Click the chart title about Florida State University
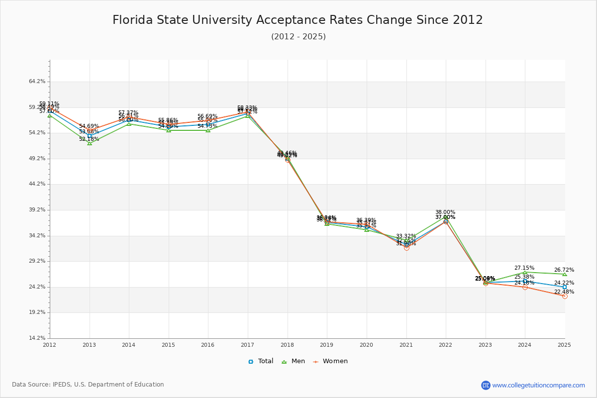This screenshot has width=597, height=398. pos(298,20)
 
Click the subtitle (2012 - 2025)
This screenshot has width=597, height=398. pos(298,37)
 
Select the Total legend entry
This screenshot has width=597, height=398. pos(261,361)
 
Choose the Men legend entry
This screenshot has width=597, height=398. pos(294,361)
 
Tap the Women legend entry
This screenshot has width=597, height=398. pos(330,361)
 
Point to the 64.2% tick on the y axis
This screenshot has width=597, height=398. pos(38,82)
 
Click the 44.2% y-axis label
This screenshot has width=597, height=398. pos(38,184)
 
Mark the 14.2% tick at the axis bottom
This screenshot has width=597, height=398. pos(38,338)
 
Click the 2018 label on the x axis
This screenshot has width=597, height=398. pos(287,344)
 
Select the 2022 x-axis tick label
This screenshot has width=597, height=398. pos(445,344)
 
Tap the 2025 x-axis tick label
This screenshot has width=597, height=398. pos(564,344)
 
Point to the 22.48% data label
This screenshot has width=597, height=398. pos(564,292)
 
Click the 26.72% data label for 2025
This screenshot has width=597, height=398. pos(564,270)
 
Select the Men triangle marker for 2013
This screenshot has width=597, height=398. pos(90,143)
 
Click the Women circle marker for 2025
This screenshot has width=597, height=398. pos(565,296)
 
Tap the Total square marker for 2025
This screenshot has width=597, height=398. pos(565,287)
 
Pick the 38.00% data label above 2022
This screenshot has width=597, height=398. pos(445,212)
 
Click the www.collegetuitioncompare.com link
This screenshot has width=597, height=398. pos(538,385)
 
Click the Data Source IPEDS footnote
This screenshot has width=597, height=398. pos(88,385)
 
